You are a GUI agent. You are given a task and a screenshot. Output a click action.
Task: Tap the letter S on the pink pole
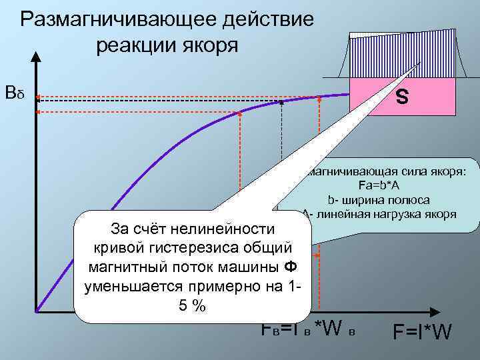tap(402, 97)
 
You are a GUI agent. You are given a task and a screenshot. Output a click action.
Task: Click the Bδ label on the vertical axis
tap(14, 91)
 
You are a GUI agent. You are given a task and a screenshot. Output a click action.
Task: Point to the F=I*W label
tap(422, 331)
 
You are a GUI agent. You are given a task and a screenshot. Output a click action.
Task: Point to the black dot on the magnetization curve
tap(281, 103)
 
